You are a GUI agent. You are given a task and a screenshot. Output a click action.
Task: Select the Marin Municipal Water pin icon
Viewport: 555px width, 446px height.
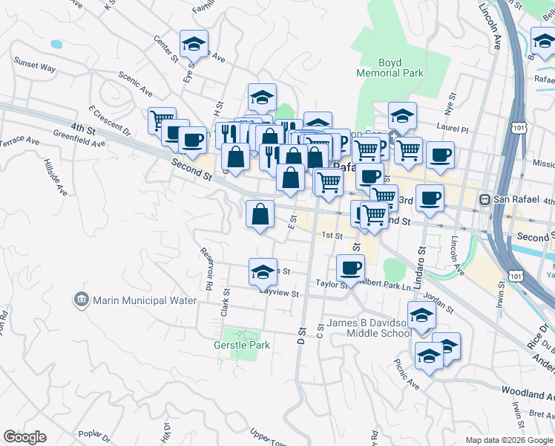pyautogui.click(x=81, y=300)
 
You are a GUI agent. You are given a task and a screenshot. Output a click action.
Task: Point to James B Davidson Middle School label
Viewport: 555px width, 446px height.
pyautogui.click(x=369, y=329)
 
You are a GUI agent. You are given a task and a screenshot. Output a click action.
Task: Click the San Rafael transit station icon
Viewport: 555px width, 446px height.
pyautogui.click(x=485, y=199)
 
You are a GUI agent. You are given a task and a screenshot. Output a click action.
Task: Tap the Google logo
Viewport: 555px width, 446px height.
pyautogui.click(x=24, y=437)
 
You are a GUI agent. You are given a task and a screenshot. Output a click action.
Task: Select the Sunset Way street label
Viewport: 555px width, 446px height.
pyautogui.click(x=34, y=67)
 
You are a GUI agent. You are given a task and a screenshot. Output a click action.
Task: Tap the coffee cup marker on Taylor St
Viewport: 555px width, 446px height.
pyautogui.click(x=350, y=268)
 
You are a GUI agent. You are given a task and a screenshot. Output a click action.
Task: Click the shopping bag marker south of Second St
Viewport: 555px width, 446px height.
pyautogui.click(x=260, y=215)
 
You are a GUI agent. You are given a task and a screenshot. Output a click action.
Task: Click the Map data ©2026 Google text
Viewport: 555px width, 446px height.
pyautogui.click(x=508, y=440)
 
